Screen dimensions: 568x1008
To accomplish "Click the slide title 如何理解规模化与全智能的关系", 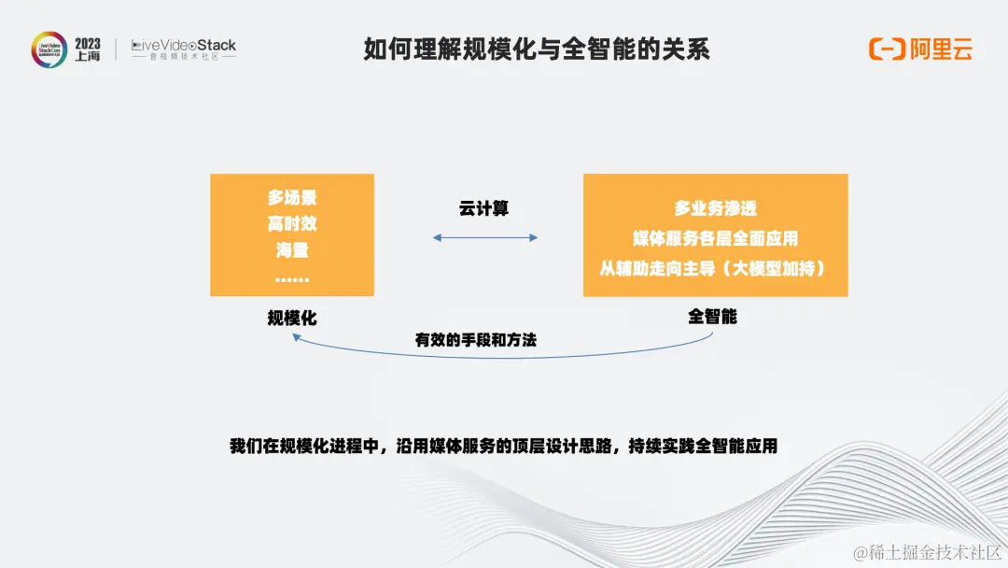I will coord(537,50).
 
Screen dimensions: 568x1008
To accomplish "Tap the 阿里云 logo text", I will coord(942,50).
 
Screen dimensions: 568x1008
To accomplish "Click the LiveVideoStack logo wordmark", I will coord(184,45).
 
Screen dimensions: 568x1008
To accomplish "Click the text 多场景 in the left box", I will coord(292,198).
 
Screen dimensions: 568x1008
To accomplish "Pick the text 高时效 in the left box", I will coord(292,224).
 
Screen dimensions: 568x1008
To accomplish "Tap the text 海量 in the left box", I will coord(292,250).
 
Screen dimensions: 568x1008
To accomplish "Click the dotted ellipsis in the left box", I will coord(292,278).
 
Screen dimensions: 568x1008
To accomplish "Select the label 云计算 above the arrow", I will coord(484,208).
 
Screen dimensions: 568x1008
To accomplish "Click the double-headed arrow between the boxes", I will coord(485,238).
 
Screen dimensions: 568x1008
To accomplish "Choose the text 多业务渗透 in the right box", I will coord(716,208).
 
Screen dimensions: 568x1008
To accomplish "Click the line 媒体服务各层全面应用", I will coord(716,238).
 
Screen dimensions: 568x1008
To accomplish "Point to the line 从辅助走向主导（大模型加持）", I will coord(716,268).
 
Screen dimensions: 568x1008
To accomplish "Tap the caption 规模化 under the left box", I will coord(292,319).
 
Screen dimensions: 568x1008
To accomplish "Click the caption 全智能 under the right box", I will coord(713,317).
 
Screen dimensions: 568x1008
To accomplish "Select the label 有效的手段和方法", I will coord(476,341).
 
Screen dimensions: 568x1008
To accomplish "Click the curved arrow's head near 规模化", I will coord(296,340).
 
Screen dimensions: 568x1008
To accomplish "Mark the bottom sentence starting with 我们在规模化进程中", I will coord(503,446).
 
